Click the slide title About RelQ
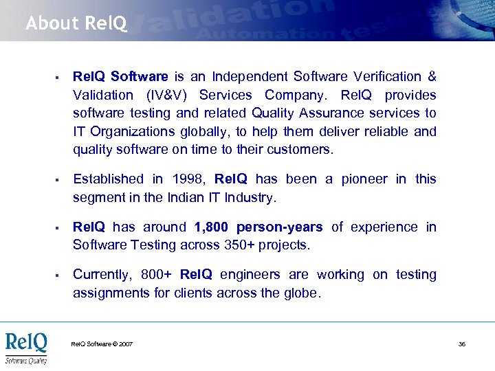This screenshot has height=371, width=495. (76, 24)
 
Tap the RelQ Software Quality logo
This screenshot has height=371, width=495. (26, 348)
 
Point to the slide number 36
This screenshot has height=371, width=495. (462, 344)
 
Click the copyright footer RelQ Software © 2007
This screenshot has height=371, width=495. (102, 344)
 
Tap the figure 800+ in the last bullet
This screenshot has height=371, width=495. (157, 275)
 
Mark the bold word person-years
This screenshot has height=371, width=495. (279, 227)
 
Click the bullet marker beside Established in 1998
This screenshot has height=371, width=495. (54, 180)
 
